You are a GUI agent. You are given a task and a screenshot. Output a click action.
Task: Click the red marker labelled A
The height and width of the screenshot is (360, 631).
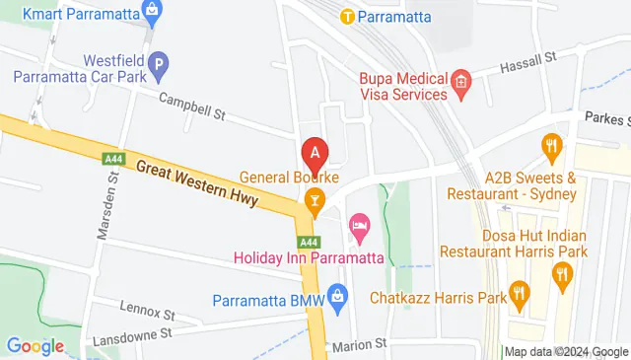point(315,155)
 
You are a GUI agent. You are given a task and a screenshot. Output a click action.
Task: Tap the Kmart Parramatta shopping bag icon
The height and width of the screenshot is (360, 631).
point(151,13)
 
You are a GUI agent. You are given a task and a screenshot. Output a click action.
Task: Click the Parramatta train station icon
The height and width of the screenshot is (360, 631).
point(347,16)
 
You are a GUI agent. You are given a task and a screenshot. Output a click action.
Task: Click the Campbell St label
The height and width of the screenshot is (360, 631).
point(192,107)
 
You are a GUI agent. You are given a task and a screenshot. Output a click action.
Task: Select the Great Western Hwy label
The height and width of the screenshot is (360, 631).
point(197,184)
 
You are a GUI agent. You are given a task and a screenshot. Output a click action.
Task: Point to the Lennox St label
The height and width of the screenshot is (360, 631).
point(147,313)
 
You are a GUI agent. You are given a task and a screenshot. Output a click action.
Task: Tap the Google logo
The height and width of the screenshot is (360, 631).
point(35,346)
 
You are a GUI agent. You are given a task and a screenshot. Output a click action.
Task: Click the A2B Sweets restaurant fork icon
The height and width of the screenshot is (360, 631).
point(552,147)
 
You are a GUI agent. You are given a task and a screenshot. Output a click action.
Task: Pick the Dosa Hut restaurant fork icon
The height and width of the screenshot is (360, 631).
point(563,274)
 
